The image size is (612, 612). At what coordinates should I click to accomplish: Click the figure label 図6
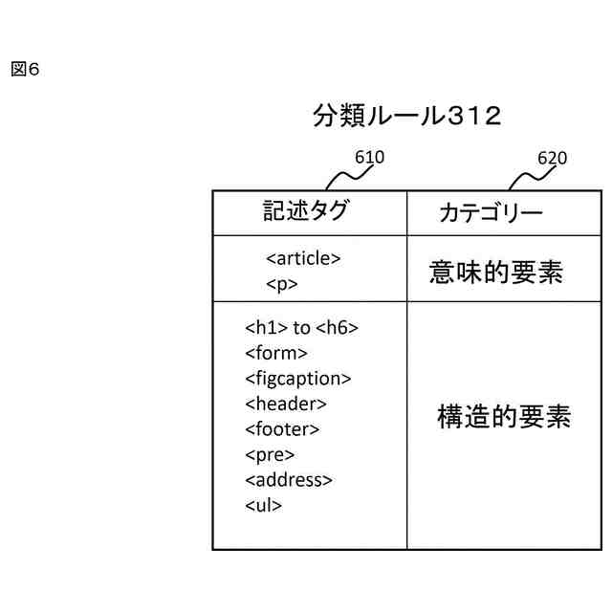(25, 70)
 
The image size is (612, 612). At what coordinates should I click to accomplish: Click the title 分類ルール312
(406, 116)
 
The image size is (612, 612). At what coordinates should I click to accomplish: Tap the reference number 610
(369, 157)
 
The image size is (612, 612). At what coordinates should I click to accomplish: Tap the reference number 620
(552, 158)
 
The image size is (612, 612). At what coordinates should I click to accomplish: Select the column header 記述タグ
(306, 211)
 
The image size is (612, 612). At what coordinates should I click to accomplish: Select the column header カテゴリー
(491, 212)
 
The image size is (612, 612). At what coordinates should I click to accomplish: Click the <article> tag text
(303, 258)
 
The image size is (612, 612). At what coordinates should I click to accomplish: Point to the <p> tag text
(282, 284)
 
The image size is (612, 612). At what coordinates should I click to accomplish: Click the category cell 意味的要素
(496, 273)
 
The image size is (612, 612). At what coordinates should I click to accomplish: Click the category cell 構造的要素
(504, 417)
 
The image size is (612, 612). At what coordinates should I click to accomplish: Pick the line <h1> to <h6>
(301, 328)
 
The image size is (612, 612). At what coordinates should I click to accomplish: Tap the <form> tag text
(276, 353)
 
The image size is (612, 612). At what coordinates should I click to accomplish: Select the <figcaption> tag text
(298, 379)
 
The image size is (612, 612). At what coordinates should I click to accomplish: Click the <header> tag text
(286, 404)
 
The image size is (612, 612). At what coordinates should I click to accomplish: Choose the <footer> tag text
(282, 429)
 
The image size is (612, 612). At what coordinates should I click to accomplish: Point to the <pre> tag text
(270, 454)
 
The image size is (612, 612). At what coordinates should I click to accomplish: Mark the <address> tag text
(289, 480)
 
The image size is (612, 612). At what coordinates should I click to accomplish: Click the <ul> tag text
(264, 505)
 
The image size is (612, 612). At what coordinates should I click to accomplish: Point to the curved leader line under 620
(524, 177)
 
